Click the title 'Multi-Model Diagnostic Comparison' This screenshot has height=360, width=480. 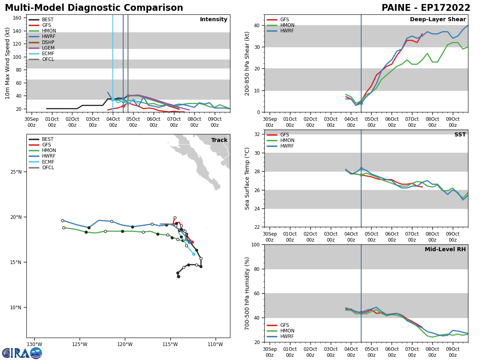(94, 8)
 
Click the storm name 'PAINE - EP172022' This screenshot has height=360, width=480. (426, 8)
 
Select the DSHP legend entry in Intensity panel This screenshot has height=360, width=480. (48, 42)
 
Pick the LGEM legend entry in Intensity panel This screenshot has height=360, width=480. (48, 48)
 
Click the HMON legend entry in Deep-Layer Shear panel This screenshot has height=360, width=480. (286, 25)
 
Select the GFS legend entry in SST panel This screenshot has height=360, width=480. (284, 135)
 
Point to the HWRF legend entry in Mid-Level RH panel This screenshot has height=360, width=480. (287, 336)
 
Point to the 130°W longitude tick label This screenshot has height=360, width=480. (34, 344)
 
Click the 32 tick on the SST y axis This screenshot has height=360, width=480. (258, 134)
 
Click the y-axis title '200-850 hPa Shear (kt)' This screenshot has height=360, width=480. (247, 63)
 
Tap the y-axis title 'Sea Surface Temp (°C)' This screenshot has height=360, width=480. (247, 178)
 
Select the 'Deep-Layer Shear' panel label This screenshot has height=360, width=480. (438, 20)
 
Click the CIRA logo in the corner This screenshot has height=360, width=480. (22, 353)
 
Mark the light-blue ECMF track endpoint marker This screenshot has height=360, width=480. (194, 254)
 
